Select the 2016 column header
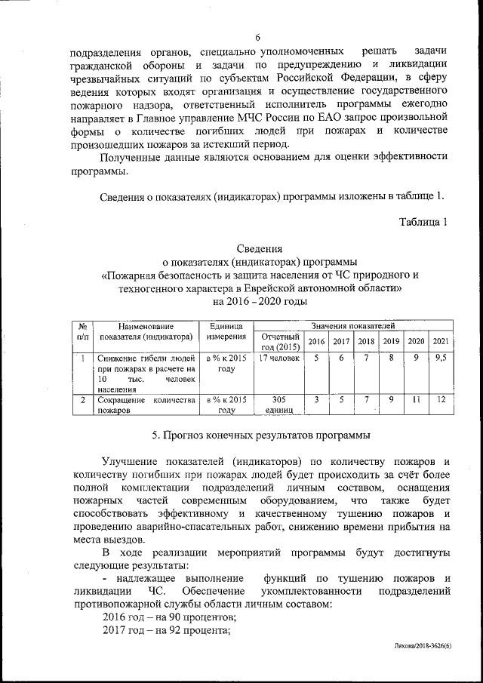(x=315, y=341)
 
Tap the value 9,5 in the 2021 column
(x=441, y=358)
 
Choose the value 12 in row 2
(x=441, y=400)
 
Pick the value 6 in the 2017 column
(x=341, y=358)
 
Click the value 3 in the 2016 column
(x=316, y=400)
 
